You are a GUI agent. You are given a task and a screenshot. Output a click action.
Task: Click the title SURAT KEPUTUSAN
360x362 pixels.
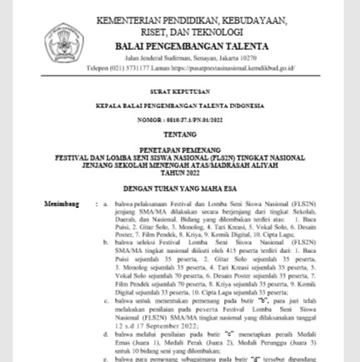(x=179, y=92)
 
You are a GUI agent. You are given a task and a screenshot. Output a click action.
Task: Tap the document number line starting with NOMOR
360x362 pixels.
(x=179, y=119)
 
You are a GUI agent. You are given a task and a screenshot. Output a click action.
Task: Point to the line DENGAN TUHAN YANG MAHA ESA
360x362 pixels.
(x=179, y=188)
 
